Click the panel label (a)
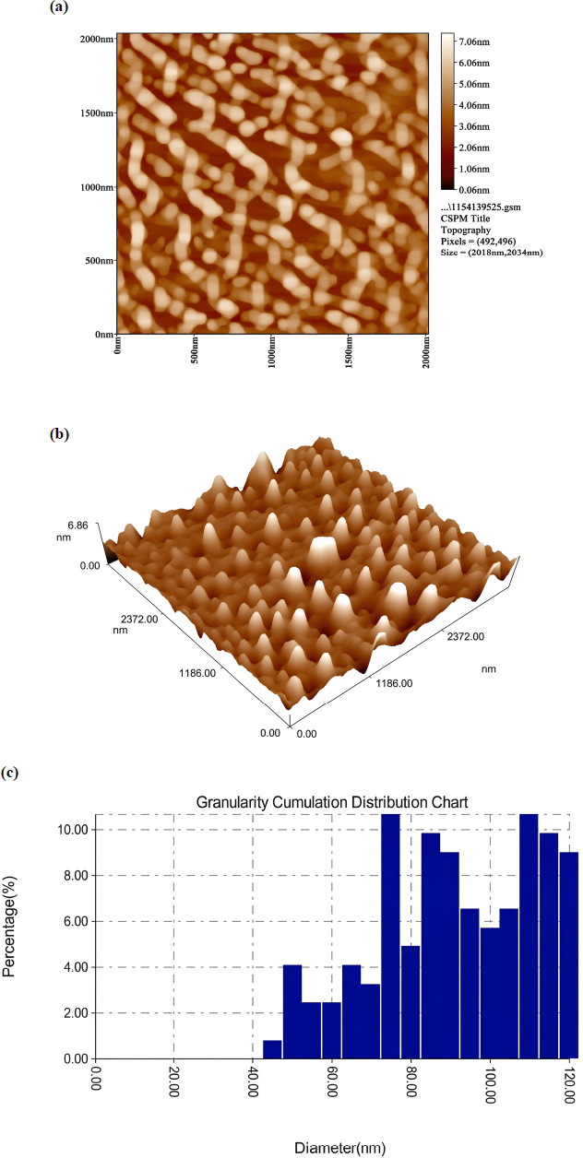[x=58, y=6]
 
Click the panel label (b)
[x=59, y=434]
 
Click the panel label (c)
[x=9, y=773]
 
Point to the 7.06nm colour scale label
[x=474, y=41]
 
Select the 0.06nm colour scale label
[x=474, y=190]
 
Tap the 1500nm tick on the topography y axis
[x=97, y=113]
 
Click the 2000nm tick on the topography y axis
[x=97, y=40]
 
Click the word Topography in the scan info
[x=466, y=230]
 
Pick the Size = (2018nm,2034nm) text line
[x=492, y=253]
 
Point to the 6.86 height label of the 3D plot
[x=77, y=526]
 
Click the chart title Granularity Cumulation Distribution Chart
[x=331, y=802]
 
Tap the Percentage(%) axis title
[x=9, y=927]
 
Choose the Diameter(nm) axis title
[x=339, y=1148]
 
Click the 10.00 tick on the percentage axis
[x=73, y=830]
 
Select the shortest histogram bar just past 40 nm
[x=272, y=1049]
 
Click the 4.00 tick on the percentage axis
[x=76, y=967]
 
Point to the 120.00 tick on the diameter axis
[x=569, y=1084]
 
